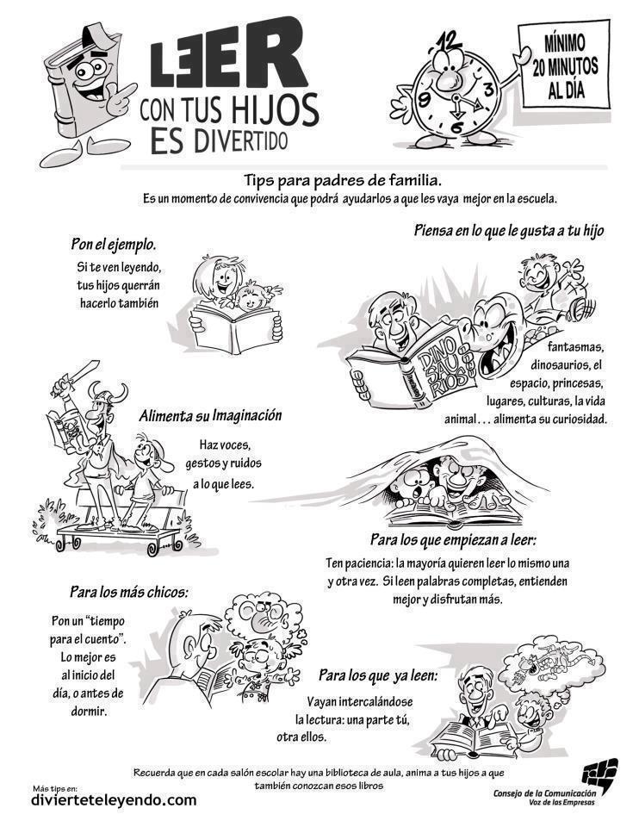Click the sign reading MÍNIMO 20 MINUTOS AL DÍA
click(x=564, y=67)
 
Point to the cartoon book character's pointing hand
click(x=121, y=97)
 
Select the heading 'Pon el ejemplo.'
click(x=115, y=244)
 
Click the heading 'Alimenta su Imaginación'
click(x=210, y=415)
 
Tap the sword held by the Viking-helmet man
click(x=76, y=376)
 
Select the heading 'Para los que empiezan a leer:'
click(x=454, y=539)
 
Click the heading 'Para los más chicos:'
click(x=129, y=592)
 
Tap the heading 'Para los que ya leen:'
click(x=378, y=675)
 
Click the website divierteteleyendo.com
click(x=114, y=800)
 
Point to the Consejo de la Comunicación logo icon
click(x=599, y=773)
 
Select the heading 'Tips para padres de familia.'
click(x=343, y=180)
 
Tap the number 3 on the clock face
click(x=489, y=88)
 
